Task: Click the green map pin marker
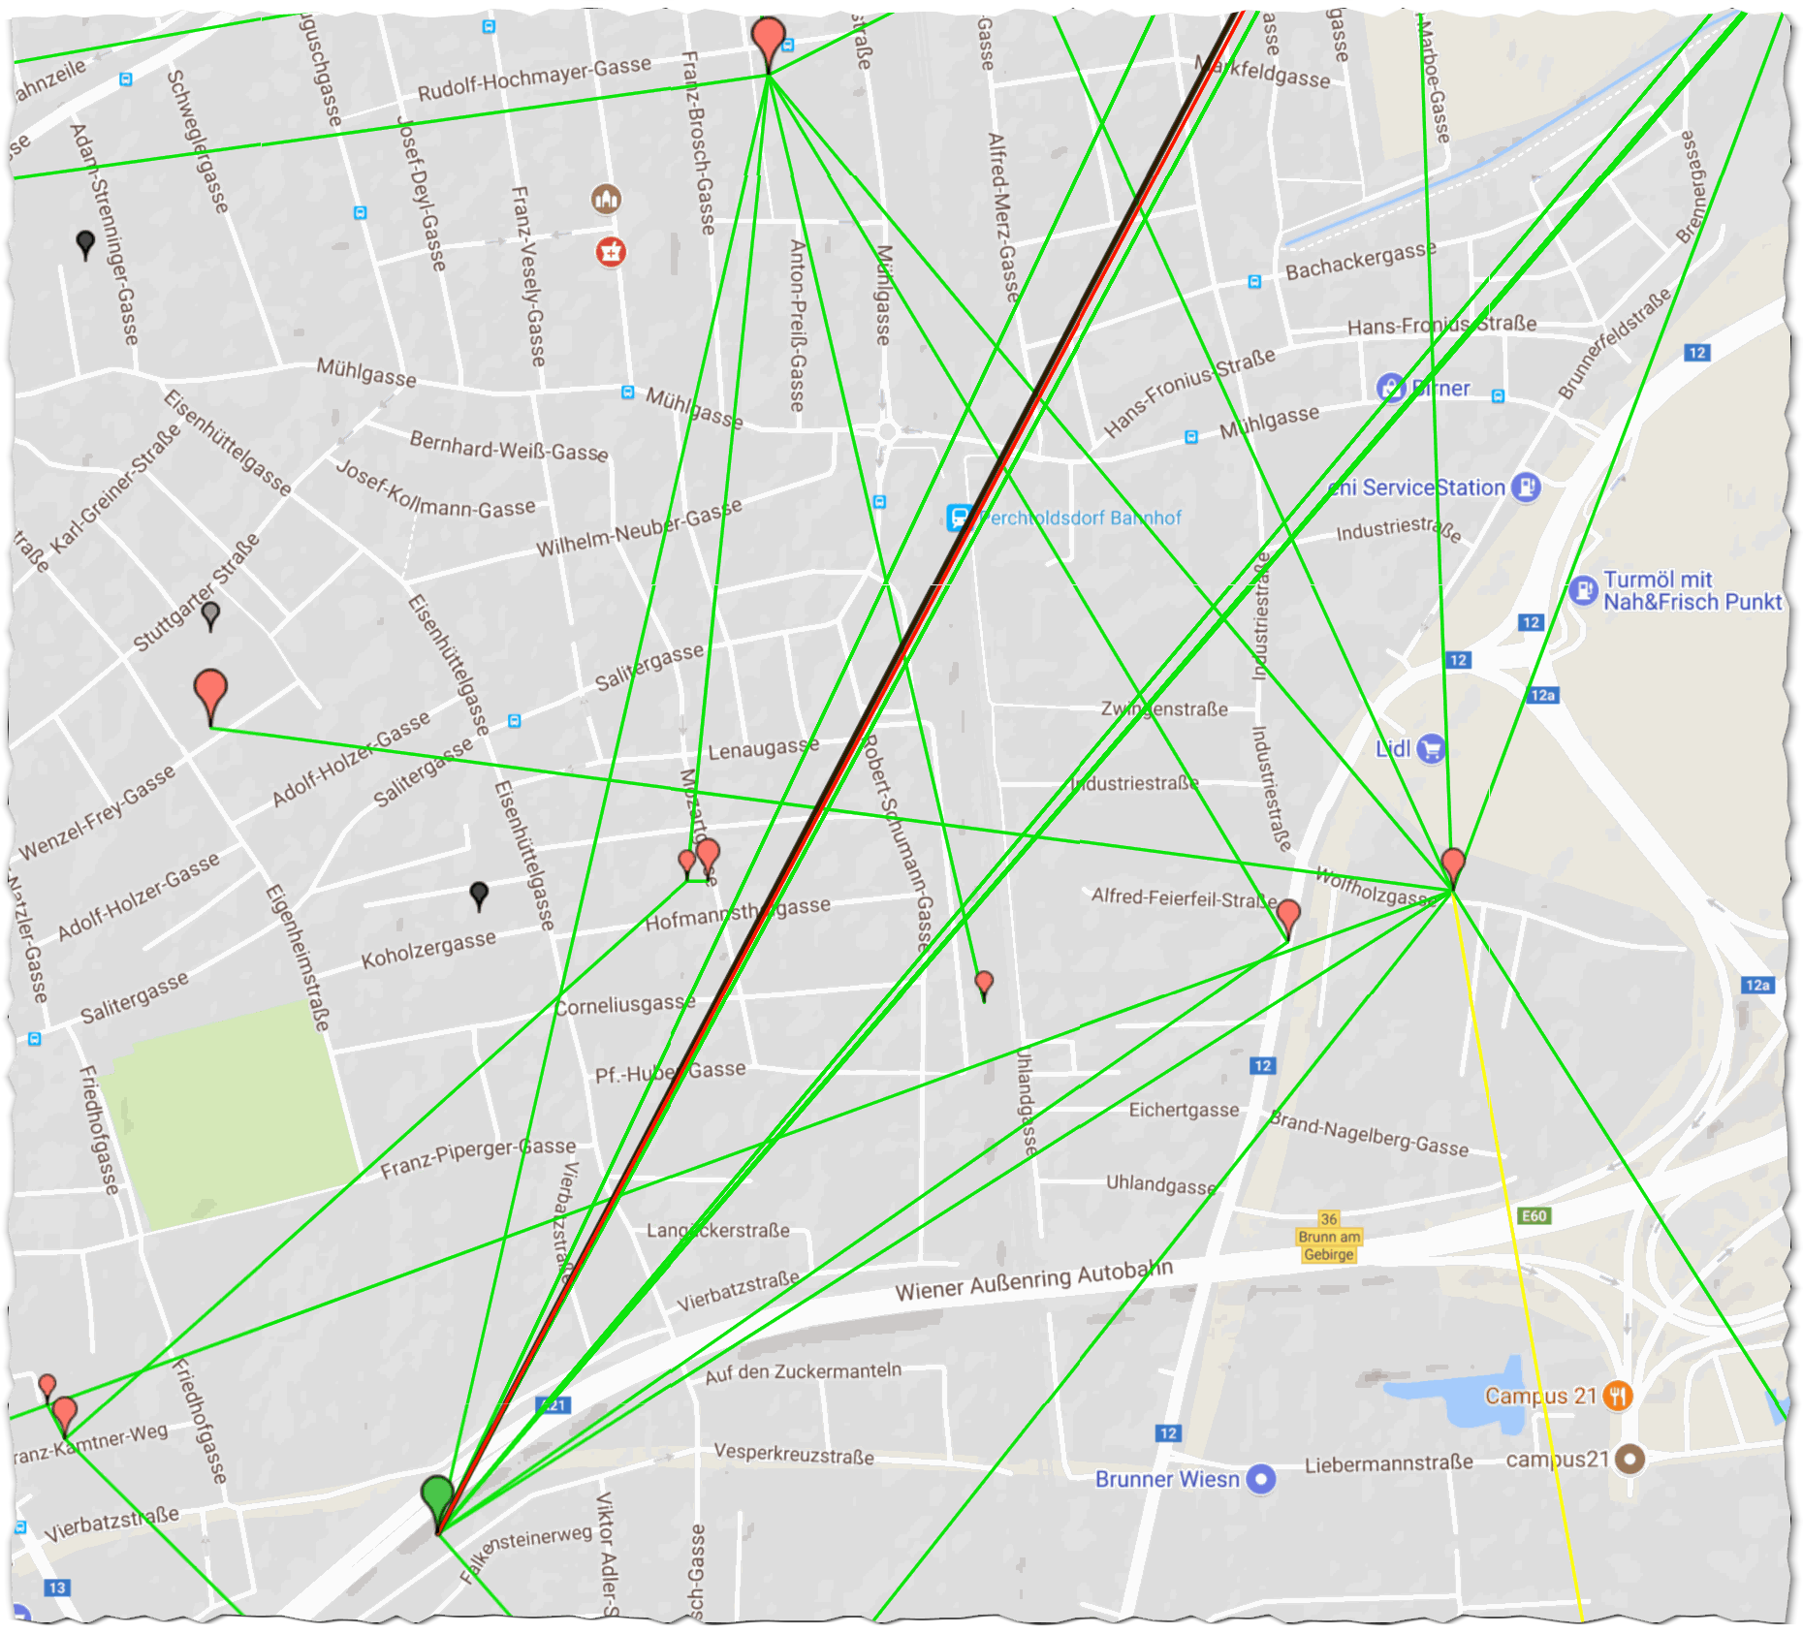(x=438, y=1498)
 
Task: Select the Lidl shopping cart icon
(x=1431, y=748)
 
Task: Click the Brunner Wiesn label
(x=1167, y=1479)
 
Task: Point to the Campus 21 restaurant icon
(x=1618, y=1396)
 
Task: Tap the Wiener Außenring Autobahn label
(x=1033, y=1280)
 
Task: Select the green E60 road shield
(x=1534, y=1215)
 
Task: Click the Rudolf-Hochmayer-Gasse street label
(x=534, y=79)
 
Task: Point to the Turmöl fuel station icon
(x=1583, y=589)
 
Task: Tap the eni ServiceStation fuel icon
(x=1526, y=487)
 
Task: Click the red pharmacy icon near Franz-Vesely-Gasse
(x=610, y=252)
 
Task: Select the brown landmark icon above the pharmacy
(x=607, y=200)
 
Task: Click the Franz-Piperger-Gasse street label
(x=478, y=1157)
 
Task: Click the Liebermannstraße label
(x=1388, y=1464)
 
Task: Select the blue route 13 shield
(x=57, y=1588)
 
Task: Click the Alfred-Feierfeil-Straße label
(x=1183, y=897)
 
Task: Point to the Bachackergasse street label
(x=1361, y=261)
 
